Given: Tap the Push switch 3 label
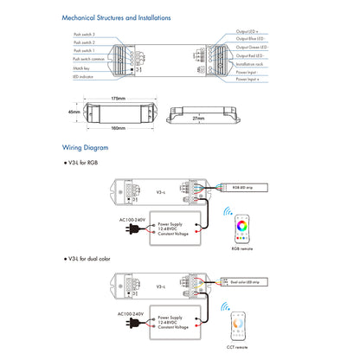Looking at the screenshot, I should (84, 34).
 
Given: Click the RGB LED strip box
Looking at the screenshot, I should (244, 187).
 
